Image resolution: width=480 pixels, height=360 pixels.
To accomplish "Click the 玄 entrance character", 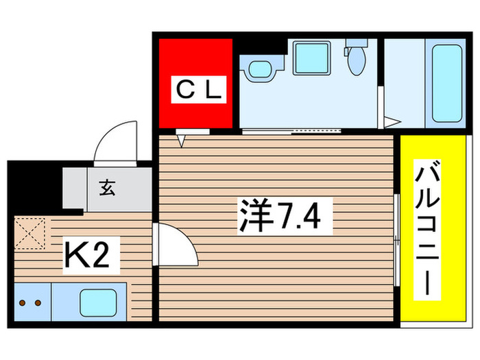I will point(107,187).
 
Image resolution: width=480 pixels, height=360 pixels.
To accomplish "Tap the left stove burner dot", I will point(22,302).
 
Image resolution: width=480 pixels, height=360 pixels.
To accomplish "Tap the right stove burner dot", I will point(38,302).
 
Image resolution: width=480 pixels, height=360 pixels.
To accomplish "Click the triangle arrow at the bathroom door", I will point(389,123).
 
